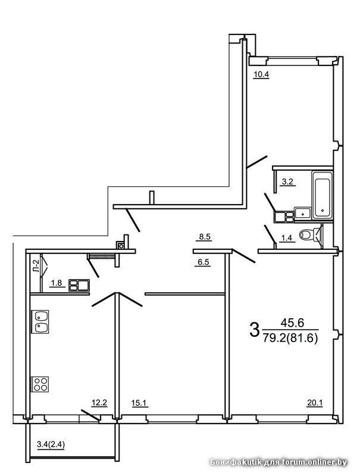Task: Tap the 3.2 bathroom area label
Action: click(287, 182)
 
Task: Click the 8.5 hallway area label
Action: click(205, 237)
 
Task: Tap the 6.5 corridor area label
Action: click(204, 262)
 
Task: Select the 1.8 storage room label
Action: click(57, 283)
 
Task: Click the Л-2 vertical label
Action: click(36, 266)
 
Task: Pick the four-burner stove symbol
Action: click(40, 384)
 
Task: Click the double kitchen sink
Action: click(40, 322)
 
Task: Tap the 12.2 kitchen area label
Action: click(99, 403)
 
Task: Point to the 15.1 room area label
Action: click(139, 403)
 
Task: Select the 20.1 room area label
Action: click(315, 403)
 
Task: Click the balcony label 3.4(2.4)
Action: click(51, 444)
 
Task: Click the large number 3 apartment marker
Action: click(254, 330)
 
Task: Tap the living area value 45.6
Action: click(292, 323)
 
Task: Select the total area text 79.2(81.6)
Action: click(290, 337)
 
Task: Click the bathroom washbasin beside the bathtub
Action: click(303, 214)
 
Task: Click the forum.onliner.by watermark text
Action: click(314, 462)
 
